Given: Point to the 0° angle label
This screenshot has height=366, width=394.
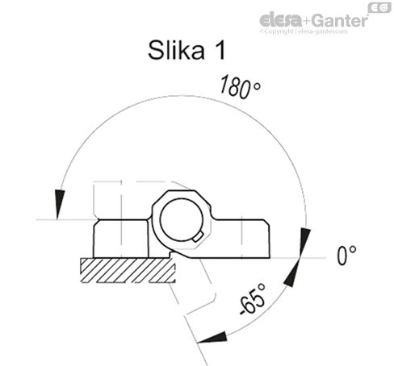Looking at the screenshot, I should [346, 256].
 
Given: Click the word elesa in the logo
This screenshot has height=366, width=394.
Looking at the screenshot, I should [279, 20].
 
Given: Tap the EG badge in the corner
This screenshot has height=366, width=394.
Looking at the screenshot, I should [378, 8].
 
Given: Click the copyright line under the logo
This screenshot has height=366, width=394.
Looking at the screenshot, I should [303, 31].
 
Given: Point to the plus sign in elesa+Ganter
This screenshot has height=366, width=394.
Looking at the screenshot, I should [304, 20].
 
